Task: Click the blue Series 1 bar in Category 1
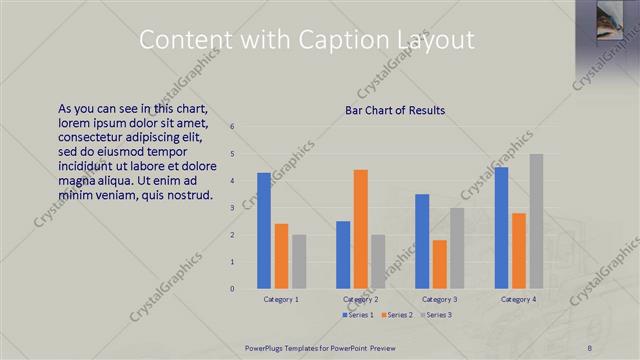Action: (x=264, y=231)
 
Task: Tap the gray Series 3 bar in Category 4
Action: (x=536, y=221)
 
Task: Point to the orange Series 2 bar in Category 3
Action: (x=440, y=264)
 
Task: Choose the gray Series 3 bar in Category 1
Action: (x=298, y=262)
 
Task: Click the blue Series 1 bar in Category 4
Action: (x=502, y=228)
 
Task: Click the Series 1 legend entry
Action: (x=358, y=315)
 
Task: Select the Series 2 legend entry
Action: (x=398, y=315)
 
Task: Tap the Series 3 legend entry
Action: (x=438, y=315)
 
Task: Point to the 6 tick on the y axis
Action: (x=231, y=127)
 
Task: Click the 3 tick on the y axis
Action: (x=231, y=208)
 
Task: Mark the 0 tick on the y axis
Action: (x=231, y=289)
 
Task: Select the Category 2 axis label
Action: (x=361, y=299)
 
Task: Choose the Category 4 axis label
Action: (x=519, y=299)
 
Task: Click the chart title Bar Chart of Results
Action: (x=395, y=110)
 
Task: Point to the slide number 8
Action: (x=590, y=347)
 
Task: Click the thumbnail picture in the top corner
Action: (x=609, y=28)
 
